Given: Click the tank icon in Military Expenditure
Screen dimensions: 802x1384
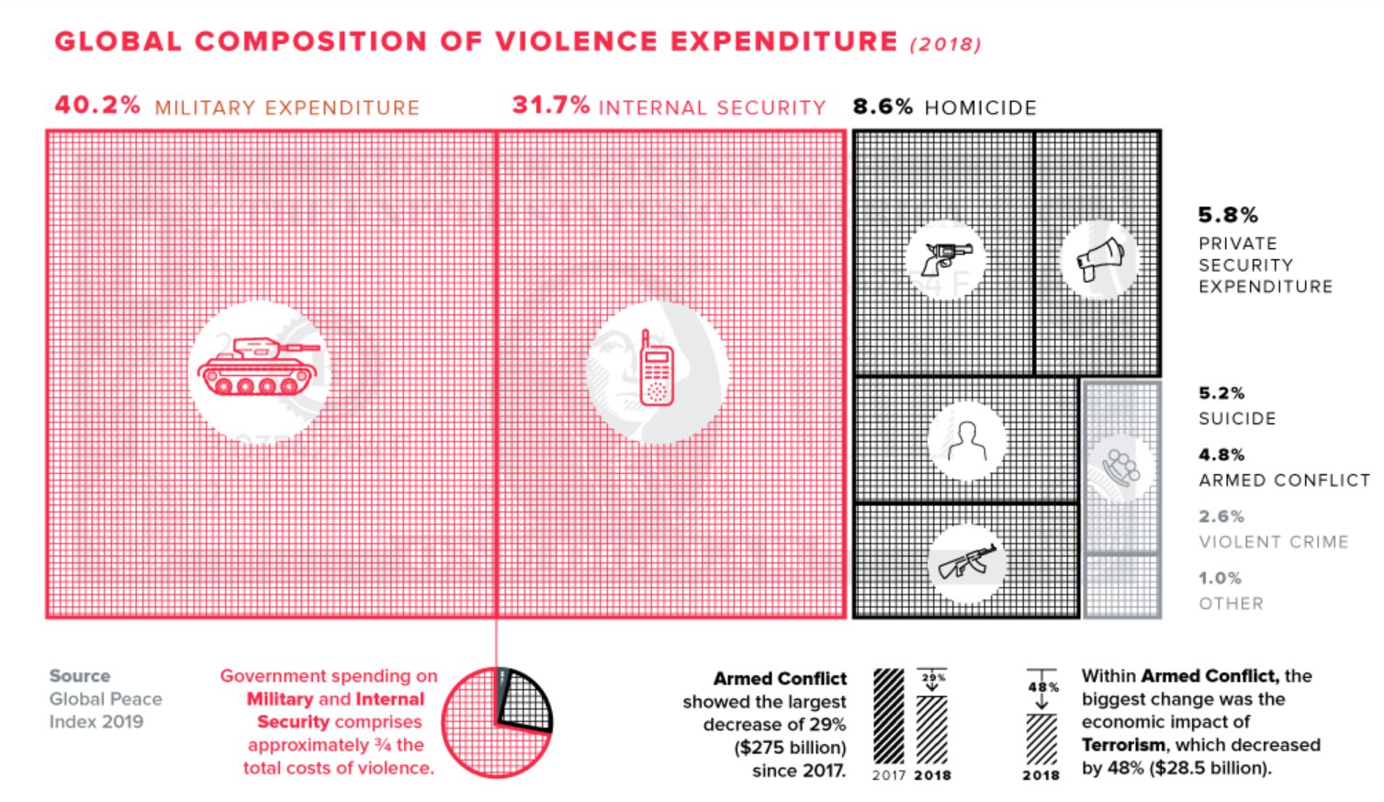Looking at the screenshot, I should pos(258,367).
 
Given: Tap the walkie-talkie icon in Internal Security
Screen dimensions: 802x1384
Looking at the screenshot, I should pos(657,368).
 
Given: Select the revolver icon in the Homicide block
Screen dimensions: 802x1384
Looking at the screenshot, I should pos(947,258).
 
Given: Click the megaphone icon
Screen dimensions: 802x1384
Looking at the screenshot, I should pos(1099,259).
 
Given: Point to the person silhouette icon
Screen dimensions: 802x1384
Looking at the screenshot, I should pos(966,441).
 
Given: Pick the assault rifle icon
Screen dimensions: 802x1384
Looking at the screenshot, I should pos(966,561).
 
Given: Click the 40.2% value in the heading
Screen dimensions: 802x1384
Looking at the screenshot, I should pos(97,105).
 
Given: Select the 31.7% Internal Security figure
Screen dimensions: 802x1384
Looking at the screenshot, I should pos(551,105).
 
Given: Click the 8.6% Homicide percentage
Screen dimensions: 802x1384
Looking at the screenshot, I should pos(883,107).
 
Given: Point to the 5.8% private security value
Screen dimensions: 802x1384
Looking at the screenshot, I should pos(1227,215).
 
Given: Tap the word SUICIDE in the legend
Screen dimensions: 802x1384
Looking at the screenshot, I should pos(1237,419).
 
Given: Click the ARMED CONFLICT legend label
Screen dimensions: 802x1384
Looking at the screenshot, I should pos(1283,480).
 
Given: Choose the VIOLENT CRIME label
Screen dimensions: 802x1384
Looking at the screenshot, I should pos(1273,542).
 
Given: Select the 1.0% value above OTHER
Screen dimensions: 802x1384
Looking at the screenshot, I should pos(1220,578).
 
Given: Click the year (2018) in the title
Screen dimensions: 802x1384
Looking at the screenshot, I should pos(945,44).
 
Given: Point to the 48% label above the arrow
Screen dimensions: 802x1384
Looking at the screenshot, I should pos(1043,686).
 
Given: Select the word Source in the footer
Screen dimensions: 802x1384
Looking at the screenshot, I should pos(80,676).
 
